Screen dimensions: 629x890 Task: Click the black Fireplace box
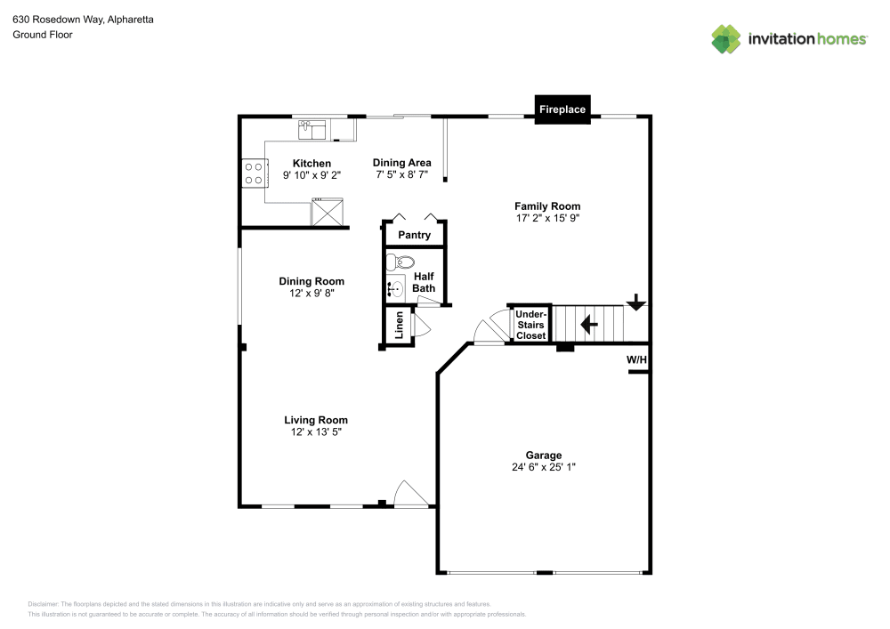pyautogui.click(x=562, y=109)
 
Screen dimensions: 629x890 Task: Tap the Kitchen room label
pyautogui.click(x=311, y=164)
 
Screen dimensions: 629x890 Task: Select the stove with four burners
pyautogui.click(x=254, y=173)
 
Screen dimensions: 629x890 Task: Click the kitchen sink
pyautogui.click(x=313, y=130)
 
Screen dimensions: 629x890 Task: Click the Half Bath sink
pyautogui.click(x=394, y=288)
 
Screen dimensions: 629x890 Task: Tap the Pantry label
pyautogui.click(x=414, y=236)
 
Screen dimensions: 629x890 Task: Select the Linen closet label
pyautogui.click(x=399, y=325)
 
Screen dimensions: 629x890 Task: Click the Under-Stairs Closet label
pyautogui.click(x=530, y=325)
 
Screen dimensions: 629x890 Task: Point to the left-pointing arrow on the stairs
pyautogui.click(x=588, y=325)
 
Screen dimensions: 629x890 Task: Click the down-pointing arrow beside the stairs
pyautogui.click(x=635, y=302)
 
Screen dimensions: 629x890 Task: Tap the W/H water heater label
pyautogui.click(x=636, y=359)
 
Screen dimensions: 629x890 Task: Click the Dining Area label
pyautogui.click(x=401, y=163)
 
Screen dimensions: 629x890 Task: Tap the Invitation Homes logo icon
pyautogui.click(x=726, y=38)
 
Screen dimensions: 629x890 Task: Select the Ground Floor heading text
pyautogui.click(x=42, y=35)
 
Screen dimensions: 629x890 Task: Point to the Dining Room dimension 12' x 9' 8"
pyautogui.click(x=311, y=293)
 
